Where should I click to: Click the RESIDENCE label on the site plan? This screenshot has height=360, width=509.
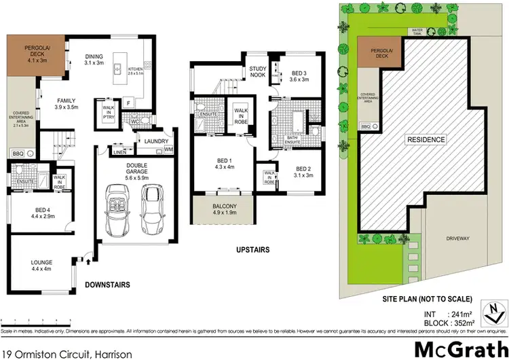click(x=426, y=140)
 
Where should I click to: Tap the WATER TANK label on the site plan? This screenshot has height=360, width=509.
click(x=417, y=31)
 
